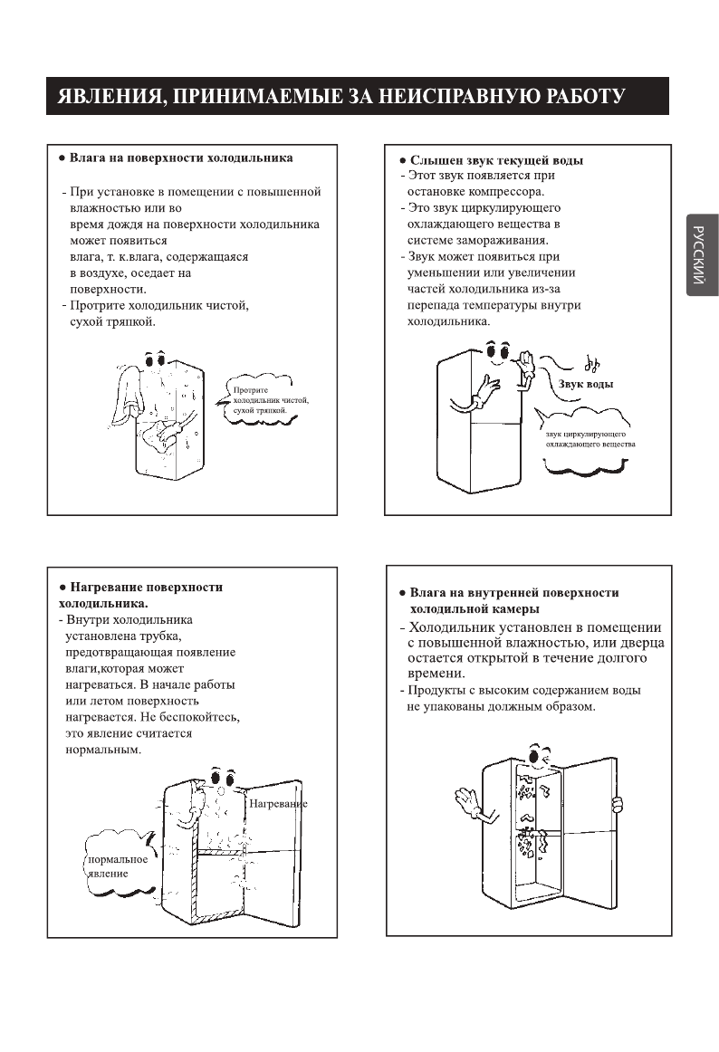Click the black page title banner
(x=358, y=96)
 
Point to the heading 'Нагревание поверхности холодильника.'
(x=145, y=595)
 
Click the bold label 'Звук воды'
(x=585, y=384)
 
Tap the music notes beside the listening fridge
(x=591, y=364)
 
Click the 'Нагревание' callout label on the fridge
(x=278, y=804)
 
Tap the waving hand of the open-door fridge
(x=468, y=800)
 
